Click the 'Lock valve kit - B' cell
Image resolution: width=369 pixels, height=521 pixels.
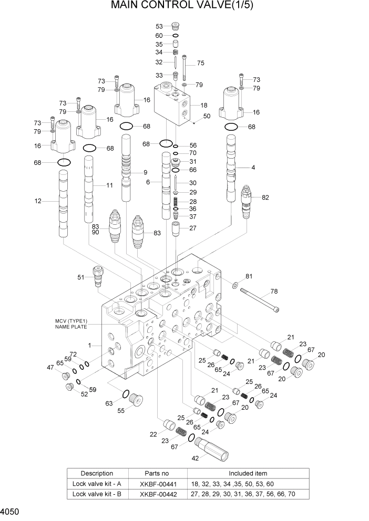pos(97,494)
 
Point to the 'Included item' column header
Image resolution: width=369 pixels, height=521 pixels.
pos(248,473)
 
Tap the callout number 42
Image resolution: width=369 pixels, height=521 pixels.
pos(194,458)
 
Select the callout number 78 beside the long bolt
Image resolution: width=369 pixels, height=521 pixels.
pos(274,291)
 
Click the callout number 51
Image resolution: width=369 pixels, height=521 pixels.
pos(81,277)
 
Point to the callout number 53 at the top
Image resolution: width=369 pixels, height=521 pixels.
pos(159,26)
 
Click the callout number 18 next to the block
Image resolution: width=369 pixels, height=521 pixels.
pos(204,106)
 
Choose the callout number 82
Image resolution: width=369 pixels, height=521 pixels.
pos(265,197)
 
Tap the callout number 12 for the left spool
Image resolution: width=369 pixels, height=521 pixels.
pos(37,200)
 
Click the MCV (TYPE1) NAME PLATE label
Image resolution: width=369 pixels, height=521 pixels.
pos(70,324)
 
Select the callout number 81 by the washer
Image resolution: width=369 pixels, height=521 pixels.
pos(249,276)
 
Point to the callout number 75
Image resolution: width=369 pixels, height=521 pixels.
pos(200,63)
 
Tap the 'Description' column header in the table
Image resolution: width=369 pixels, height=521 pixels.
pos(97,473)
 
